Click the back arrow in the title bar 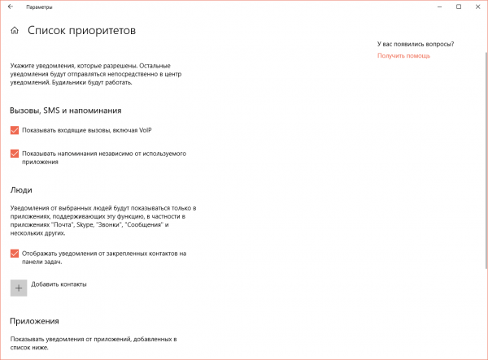click(x=10, y=7)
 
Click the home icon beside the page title click(x=15, y=31)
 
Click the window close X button click(x=477, y=7)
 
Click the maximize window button click(x=459, y=7)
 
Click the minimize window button click(x=440, y=7)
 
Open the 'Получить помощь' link click(x=403, y=56)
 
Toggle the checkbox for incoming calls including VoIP click(x=15, y=130)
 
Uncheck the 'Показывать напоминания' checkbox click(x=15, y=153)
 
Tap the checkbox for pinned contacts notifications click(x=15, y=254)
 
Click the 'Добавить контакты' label click(x=59, y=284)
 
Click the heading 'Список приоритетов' click(x=81, y=31)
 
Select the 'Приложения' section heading click(x=35, y=321)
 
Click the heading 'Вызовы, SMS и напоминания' click(x=66, y=110)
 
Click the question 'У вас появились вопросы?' click(x=415, y=44)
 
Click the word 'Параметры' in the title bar click(x=39, y=7)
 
